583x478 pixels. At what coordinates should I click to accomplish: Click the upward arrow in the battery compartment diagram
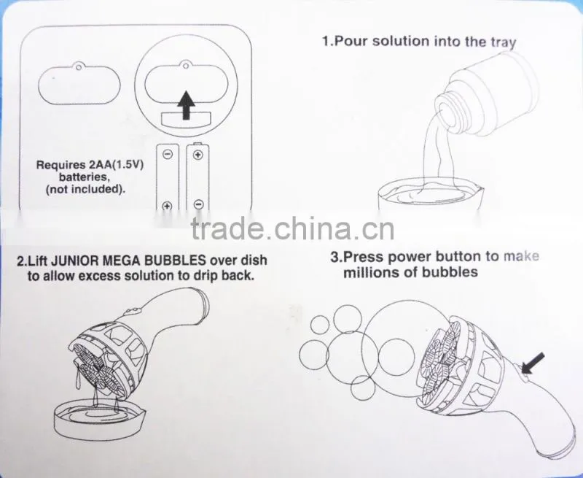[x=187, y=106]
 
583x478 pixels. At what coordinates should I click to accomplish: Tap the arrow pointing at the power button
[x=533, y=363]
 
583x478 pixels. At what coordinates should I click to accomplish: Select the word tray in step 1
[x=504, y=42]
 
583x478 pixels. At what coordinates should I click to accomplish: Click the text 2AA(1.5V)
[x=116, y=164]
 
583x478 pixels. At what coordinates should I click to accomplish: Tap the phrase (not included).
[x=85, y=189]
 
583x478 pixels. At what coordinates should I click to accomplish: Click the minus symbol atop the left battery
[x=168, y=154]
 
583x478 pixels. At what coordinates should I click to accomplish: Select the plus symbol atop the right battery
[x=198, y=154]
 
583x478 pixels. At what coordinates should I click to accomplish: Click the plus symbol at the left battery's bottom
[x=168, y=206]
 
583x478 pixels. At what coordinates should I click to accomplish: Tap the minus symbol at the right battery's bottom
[x=199, y=204]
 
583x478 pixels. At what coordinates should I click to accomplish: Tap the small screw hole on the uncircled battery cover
[x=79, y=67]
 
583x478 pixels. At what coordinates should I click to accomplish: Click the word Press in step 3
[x=364, y=256]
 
